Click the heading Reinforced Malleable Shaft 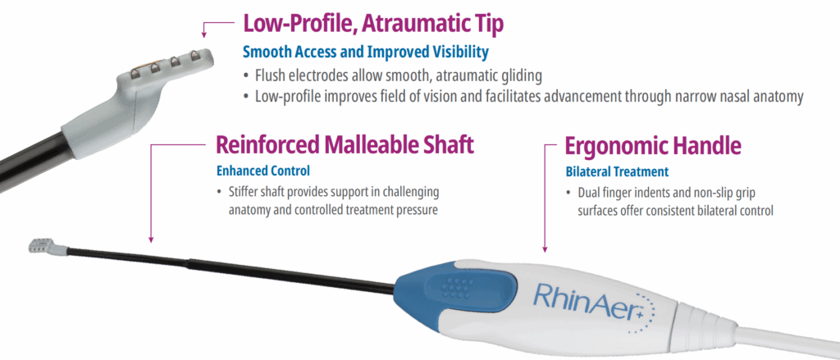pyautogui.click(x=345, y=146)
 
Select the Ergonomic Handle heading pyautogui.click(x=654, y=146)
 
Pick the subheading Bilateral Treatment pyautogui.click(x=618, y=172)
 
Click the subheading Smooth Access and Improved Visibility pyautogui.click(x=366, y=52)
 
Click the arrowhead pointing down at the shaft pyautogui.click(x=151, y=240)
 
